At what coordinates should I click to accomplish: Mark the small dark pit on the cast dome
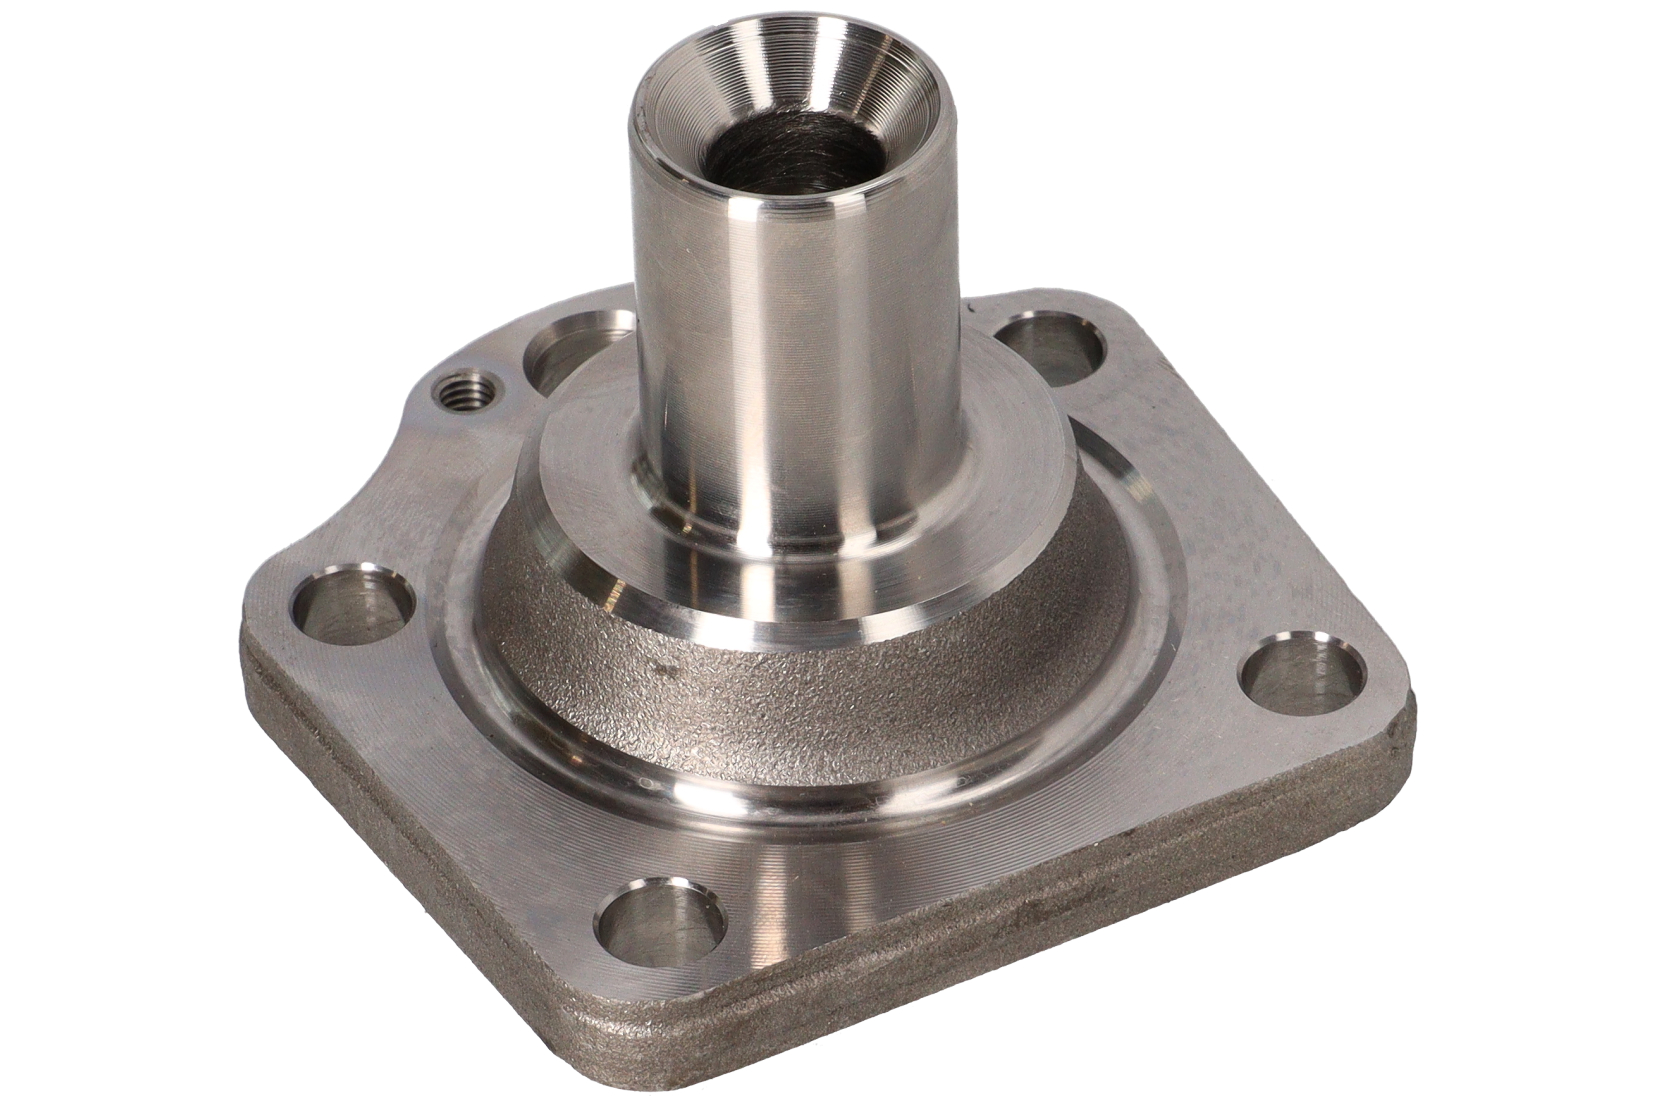(656, 664)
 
